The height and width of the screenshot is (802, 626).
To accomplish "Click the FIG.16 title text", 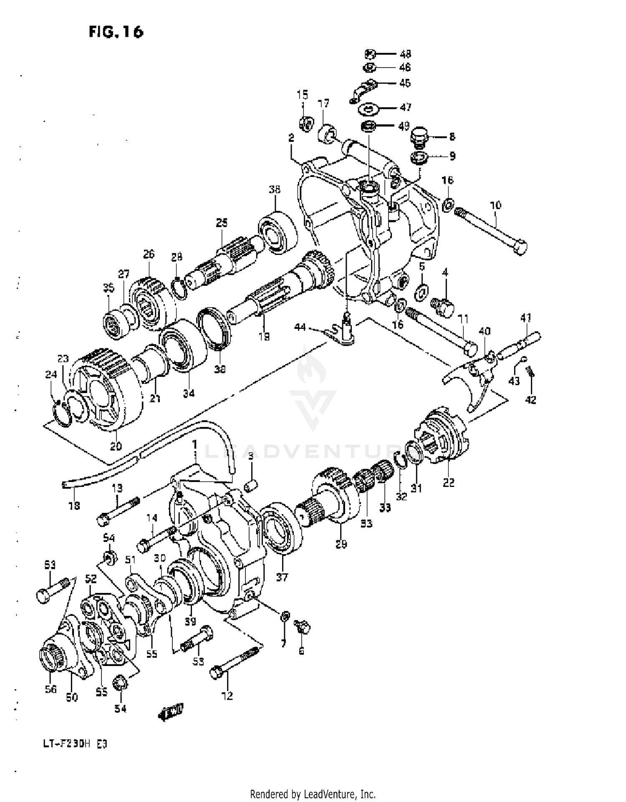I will click(116, 32).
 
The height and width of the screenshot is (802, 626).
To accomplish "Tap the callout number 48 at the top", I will click(405, 54).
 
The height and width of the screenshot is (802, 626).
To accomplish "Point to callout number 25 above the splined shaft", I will click(222, 222).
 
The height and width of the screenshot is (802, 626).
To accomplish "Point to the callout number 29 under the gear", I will click(341, 544).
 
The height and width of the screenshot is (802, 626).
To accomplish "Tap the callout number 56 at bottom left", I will click(50, 689).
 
